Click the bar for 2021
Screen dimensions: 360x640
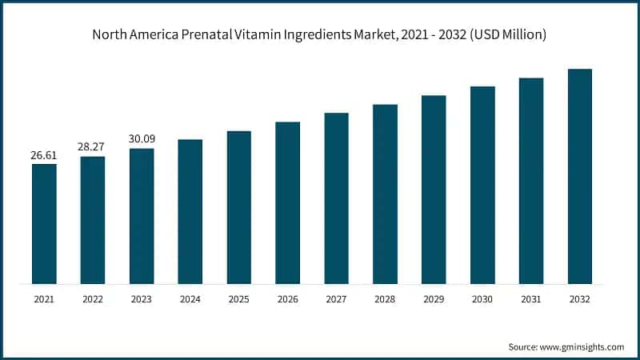click(44, 223)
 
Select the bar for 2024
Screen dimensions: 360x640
click(190, 211)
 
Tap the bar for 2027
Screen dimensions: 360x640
click(336, 198)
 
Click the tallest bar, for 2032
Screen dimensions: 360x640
click(580, 176)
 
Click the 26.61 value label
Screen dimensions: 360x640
click(44, 155)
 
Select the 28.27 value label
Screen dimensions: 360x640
click(93, 147)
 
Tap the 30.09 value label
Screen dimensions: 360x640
click(142, 138)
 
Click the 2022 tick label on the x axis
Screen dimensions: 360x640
click(93, 300)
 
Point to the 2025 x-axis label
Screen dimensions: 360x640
click(238, 300)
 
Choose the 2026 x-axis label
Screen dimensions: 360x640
click(287, 300)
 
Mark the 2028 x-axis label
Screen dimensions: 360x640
click(385, 300)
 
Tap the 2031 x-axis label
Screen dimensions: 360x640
click(531, 300)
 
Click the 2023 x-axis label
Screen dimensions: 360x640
click(142, 300)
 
